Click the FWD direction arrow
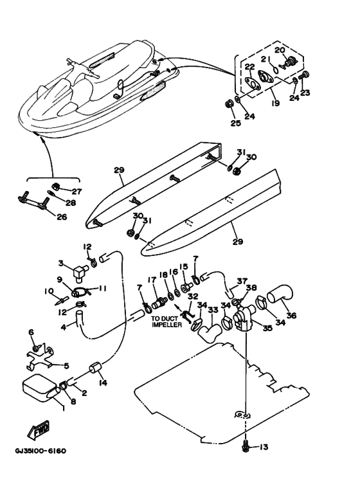click(39, 430)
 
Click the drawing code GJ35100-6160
click(40, 451)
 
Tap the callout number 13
click(264, 447)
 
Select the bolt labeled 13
click(245, 445)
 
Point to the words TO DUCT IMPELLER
click(166, 321)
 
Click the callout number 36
click(292, 316)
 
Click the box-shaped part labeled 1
click(40, 388)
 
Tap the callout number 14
click(103, 383)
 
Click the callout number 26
click(62, 217)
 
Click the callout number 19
click(276, 103)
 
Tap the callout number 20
click(280, 50)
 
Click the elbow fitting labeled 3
click(79, 273)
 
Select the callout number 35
click(267, 329)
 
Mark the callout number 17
click(152, 280)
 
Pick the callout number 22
click(249, 67)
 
